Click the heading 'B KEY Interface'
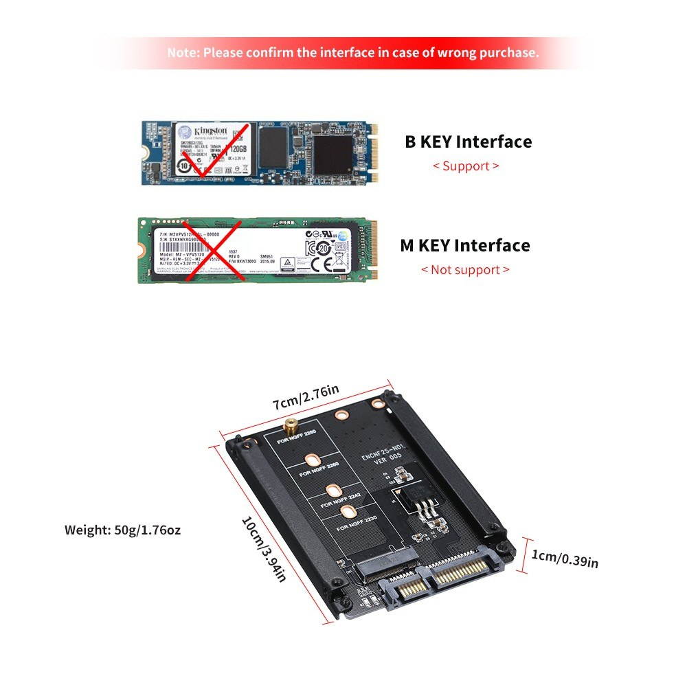point(468,142)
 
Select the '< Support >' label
point(465,166)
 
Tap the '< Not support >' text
point(465,270)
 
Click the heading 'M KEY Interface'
point(464,245)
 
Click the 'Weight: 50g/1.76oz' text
point(123,530)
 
